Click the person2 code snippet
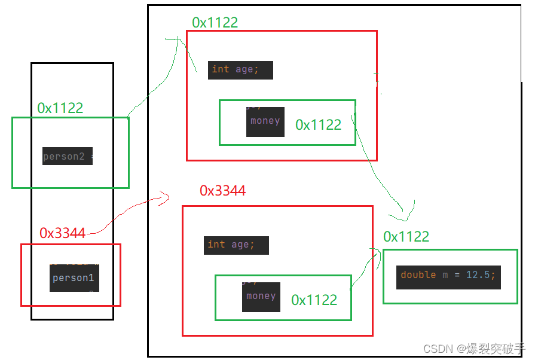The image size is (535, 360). [67, 157]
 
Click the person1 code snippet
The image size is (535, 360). [74, 278]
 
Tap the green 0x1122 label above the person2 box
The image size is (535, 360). [60, 108]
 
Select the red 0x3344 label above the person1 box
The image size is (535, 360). [62, 233]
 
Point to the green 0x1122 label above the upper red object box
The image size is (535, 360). [215, 23]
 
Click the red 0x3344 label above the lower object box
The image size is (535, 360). [222, 191]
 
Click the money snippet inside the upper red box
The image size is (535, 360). [265, 121]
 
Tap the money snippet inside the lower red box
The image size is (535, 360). [261, 297]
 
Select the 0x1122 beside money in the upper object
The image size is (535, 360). [318, 125]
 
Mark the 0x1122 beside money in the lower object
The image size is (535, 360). [314, 300]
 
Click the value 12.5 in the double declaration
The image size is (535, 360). [480, 275]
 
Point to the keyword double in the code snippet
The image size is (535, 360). [418, 275]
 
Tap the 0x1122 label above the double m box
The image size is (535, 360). [406, 237]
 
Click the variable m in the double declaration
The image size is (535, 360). [445, 275]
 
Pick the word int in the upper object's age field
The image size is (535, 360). [221, 69]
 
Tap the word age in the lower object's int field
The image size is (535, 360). [241, 245]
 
